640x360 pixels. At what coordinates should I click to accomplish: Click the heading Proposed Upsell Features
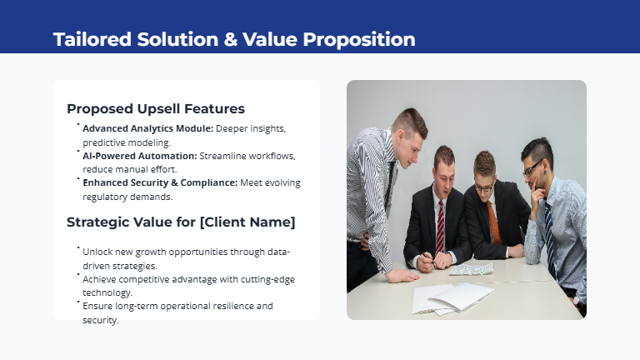pos(156,108)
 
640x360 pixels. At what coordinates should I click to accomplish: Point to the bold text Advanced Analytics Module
pos(148,128)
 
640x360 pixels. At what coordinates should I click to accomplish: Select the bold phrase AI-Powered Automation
pos(140,156)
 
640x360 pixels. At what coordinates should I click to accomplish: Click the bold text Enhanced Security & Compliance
pos(160,182)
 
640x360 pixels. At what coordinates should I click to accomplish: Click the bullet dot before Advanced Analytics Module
pos(77,125)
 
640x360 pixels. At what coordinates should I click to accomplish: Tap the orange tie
pos(494,221)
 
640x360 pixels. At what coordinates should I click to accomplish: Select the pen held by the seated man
pos(426,258)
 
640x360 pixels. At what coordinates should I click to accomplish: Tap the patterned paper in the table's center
pos(472,268)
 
